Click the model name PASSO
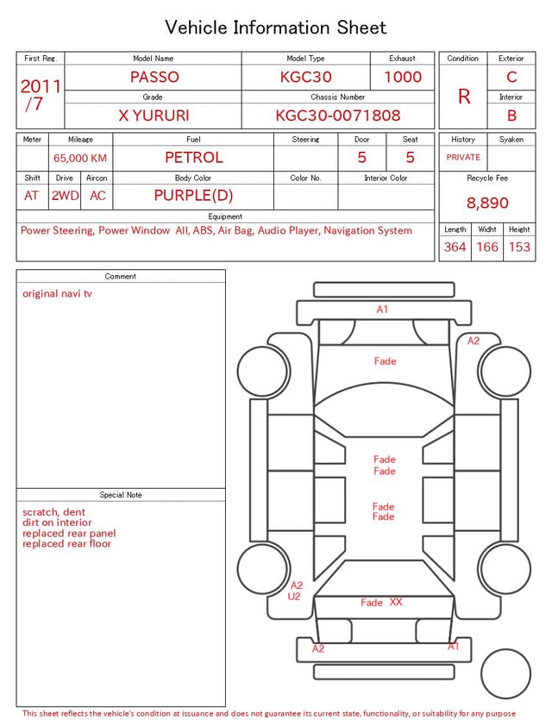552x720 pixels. pos(154,77)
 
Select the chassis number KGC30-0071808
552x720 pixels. pos(338,116)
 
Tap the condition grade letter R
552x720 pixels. pos(464,97)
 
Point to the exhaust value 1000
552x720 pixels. pos(403,77)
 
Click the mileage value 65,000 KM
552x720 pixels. pos(80,159)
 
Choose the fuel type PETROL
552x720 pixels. pos(194,158)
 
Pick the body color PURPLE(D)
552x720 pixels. pos(193,196)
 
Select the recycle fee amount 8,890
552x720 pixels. pos(487,203)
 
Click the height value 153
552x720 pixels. pos(519,247)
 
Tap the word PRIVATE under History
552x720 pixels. pos(463,157)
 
